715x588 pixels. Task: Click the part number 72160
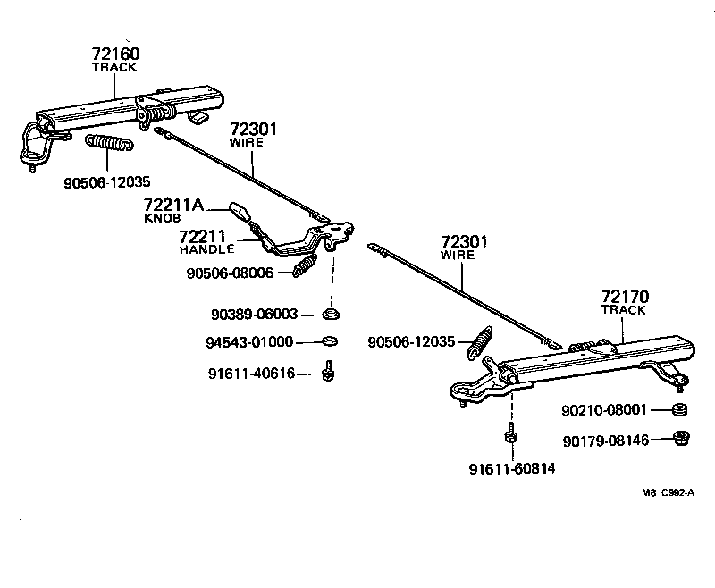tap(114, 54)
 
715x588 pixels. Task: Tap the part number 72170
tap(626, 296)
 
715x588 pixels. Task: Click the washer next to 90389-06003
tap(331, 315)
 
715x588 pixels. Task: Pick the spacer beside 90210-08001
tap(679, 410)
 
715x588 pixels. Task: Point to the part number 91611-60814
tap(510, 468)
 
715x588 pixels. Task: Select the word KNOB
tap(163, 218)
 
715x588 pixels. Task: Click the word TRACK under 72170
tap(624, 309)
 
